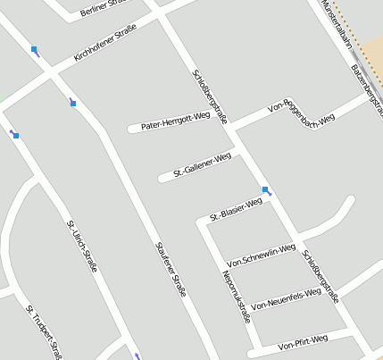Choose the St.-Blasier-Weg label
click(x=236, y=210)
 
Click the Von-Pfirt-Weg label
click(x=303, y=341)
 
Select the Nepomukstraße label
click(x=237, y=296)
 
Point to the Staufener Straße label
click(x=171, y=268)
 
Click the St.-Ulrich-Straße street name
click(x=82, y=245)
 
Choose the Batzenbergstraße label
click(x=366, y=84)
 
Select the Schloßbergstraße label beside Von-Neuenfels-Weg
click(x=320, y=276)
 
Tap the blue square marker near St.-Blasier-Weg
click(x=265, y=189)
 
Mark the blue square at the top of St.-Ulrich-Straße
click(x=16, y=136)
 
